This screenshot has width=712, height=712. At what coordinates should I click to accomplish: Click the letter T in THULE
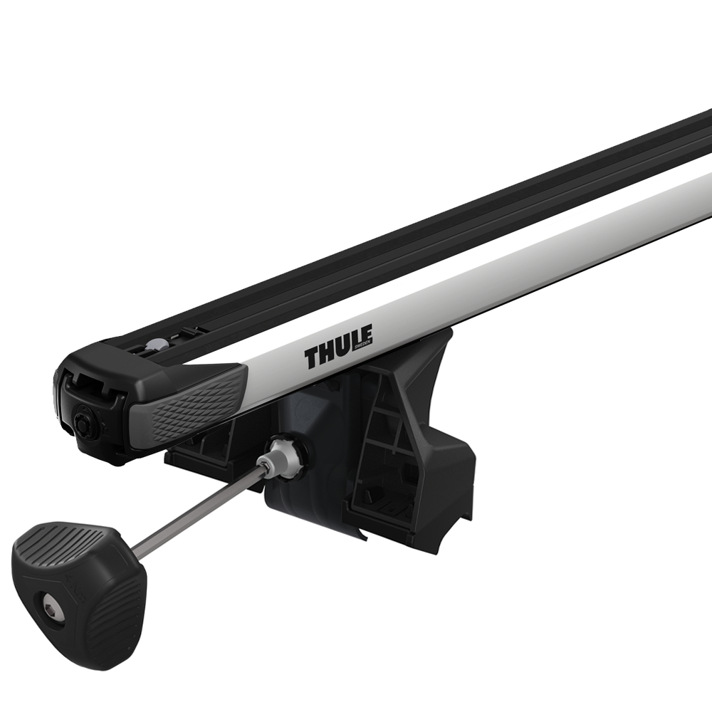[x=313, y=359]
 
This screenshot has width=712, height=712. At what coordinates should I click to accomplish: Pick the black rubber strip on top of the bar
[x=427, y=235]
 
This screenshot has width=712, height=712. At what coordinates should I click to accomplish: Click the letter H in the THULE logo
[x=325, y=354]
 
